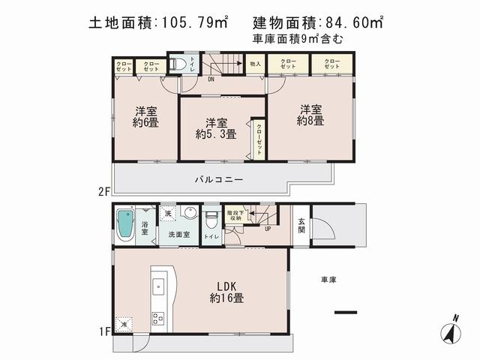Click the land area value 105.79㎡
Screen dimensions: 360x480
(x=189, y=24)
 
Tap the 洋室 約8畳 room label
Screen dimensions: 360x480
(x=310, y=115)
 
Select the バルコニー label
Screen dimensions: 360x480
(x=218, y=180)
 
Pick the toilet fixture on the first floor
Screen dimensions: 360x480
(x=212, y=220)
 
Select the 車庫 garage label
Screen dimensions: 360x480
(x=328, y=280)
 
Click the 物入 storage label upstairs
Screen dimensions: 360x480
(x=255, y=64)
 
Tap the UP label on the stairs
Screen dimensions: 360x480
(x=267, y=228)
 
